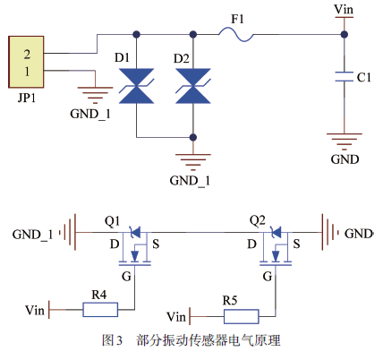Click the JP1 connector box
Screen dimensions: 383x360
coord(26,62)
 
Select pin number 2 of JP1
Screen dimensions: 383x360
coord(27,54)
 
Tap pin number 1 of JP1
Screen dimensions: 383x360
coord(27,72)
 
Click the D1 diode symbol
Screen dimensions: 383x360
coord(136,86)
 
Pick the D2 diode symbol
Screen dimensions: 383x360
coord(193,86)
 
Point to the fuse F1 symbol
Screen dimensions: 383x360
coord(236,35)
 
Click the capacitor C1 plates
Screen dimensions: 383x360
coord(345,76)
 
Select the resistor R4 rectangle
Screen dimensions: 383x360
coord(100,310)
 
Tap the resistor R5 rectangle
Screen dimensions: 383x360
coord(241,316)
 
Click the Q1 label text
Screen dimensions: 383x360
coord(113,221)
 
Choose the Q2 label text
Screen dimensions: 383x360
coord(258,220)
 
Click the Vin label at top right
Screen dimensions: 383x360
coord(344,9)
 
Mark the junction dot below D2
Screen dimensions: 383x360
coord(193,137)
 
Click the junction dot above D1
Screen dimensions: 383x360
coord(136,35)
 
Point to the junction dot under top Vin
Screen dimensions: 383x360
coord(345,35)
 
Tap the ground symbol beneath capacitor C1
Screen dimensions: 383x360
coord(345,141)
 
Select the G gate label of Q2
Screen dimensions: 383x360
coord(268,277)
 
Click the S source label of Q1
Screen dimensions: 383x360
coord(156,244)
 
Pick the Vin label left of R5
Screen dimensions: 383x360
coord(176,317)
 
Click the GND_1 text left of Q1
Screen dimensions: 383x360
coord(32,235)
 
